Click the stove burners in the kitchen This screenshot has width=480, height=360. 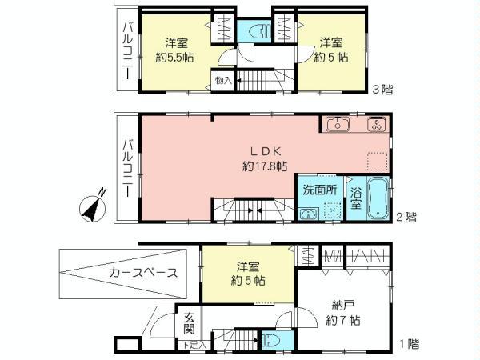376,124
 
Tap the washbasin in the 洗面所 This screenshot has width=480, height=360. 308,214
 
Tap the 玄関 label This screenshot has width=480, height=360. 189,323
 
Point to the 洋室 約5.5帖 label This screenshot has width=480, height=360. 175,50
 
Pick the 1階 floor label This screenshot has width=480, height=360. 408,344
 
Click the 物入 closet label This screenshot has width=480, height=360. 223,80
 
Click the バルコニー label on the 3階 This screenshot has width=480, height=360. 128,50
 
